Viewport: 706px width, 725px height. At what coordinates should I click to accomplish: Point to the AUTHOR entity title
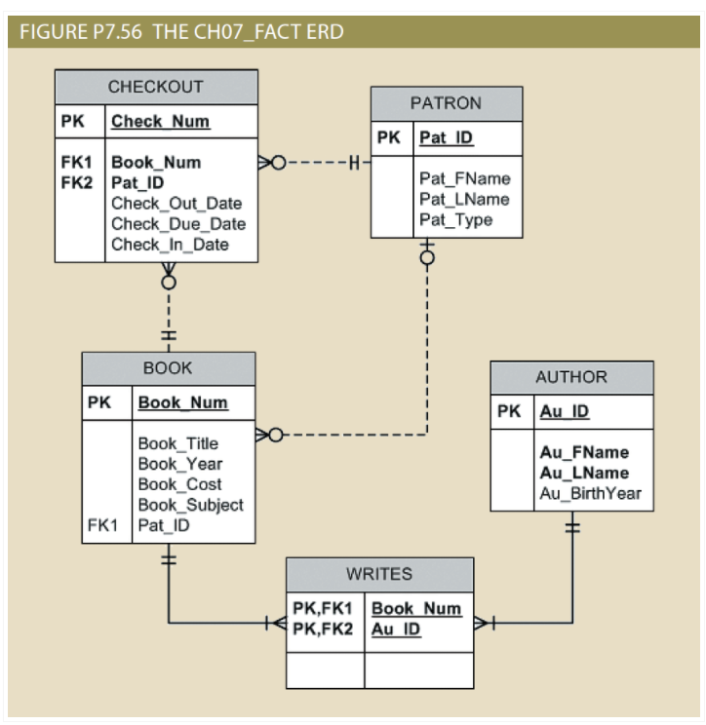point(571,377)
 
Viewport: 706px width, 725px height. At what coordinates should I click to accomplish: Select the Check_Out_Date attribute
point(176,204)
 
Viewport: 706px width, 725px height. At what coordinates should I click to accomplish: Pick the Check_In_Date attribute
point(171,244)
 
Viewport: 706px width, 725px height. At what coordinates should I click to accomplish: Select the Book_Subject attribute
point(189,505)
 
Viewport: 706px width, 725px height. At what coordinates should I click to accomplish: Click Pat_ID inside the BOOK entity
point(163,525)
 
